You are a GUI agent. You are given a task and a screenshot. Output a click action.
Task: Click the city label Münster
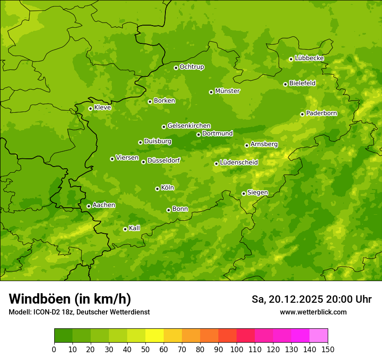point(227,91)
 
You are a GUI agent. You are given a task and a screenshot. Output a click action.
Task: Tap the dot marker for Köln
point(157,189)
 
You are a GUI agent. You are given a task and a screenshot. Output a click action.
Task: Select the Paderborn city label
point(322,113)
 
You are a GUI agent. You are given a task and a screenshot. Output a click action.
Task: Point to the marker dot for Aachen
point(89,206)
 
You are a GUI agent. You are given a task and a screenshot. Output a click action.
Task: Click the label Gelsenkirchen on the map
point(189,126)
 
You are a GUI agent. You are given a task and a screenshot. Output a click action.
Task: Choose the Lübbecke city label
point(309,58)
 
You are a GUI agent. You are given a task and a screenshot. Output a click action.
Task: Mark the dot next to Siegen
point(244,193)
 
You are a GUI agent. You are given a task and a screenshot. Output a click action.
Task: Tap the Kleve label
point(102,108)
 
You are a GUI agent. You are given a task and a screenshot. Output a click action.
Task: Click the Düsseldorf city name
point(164,160)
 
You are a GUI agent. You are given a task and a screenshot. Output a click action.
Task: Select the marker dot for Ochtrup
point(176,68)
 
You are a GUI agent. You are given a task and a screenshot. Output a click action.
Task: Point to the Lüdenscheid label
point(239,163)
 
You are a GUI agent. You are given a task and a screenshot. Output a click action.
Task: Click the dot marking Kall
point(125,229)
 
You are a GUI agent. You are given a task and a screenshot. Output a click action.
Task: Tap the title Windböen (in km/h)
point(70,299)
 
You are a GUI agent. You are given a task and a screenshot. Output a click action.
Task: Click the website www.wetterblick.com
point(313,312)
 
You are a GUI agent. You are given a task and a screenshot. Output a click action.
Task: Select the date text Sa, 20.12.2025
point(287,299)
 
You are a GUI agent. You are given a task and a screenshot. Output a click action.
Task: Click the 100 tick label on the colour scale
point(237,349)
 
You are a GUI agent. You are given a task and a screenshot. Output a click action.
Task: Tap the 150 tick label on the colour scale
point(328,349)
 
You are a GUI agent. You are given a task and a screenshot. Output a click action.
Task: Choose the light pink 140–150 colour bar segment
point(319,336)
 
